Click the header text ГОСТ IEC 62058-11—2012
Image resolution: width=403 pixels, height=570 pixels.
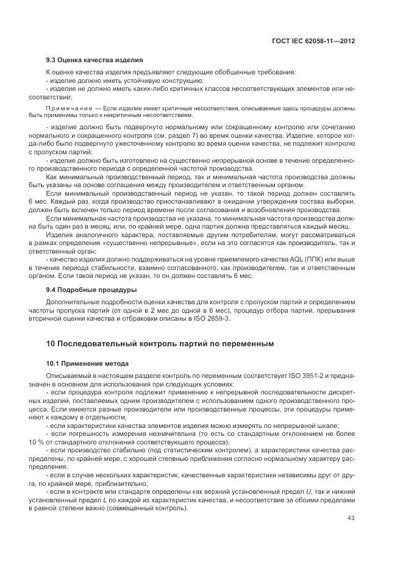313,40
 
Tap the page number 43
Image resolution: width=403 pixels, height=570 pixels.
351,518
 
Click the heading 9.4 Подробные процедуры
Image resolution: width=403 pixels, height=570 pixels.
91,289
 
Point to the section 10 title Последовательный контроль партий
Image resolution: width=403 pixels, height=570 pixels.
160,344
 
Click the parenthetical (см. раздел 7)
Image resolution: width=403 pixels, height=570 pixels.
174,134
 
